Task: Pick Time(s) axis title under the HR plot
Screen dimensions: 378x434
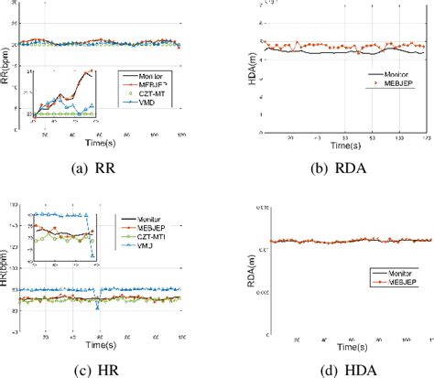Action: point(103,346)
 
